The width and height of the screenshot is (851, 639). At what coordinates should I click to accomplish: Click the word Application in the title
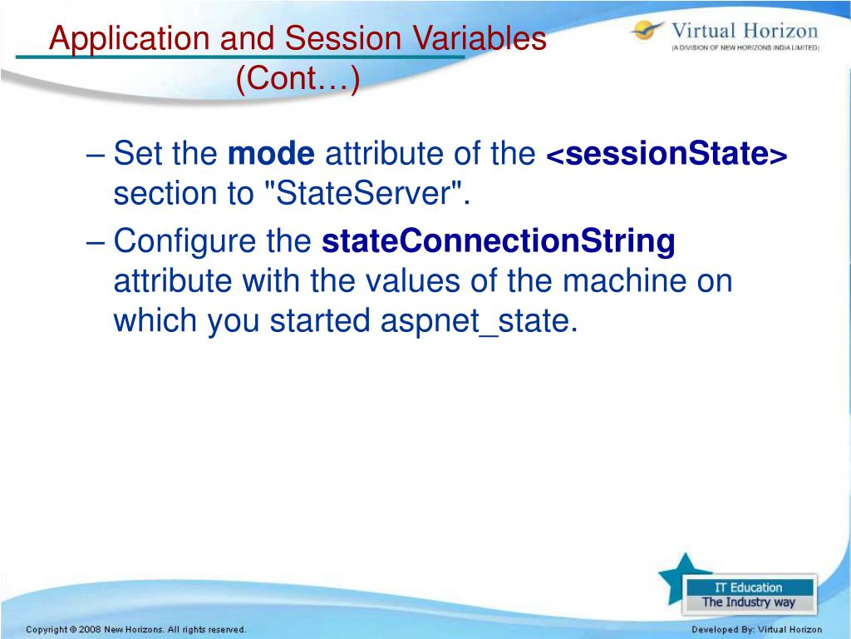(129, 39)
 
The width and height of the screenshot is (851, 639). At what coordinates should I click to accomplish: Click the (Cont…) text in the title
(298, 78)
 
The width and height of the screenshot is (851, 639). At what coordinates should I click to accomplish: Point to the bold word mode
(271, 153)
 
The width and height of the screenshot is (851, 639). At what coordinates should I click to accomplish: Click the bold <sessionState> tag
(667, 153)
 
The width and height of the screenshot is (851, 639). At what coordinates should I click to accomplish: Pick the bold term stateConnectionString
(499, 241)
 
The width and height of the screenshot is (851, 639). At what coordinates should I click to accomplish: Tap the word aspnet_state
(478, 320)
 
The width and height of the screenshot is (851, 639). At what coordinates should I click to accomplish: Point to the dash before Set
(95, 154)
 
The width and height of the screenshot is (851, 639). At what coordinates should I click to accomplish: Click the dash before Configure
(95, 242)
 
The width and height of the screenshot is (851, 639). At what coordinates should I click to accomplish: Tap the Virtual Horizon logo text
(745, 31)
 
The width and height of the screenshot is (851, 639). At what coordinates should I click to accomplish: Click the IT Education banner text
(749, 587)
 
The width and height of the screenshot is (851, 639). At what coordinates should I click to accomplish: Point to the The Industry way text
(749, 602)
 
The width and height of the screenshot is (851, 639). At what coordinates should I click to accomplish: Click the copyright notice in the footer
(135, 629)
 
